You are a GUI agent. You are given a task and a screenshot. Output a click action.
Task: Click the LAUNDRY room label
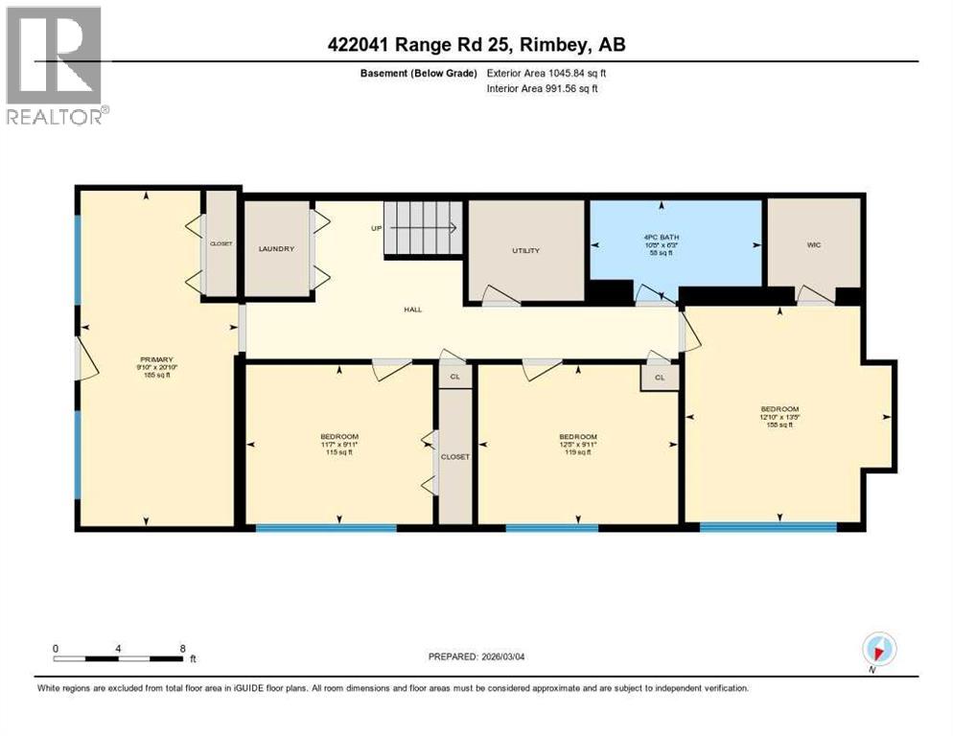pyautogui.click(x=275, y=249)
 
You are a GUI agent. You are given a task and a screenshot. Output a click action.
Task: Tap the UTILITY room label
pyautogui.click(x=525, y=251)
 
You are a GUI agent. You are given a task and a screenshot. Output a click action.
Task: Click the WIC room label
pyautogui.click(x=813, y=245)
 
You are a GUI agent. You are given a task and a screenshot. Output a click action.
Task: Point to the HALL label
pyautogui.click(x=413, y=310)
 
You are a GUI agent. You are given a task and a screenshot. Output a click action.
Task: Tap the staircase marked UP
pyautogui.click(x=423, y=229)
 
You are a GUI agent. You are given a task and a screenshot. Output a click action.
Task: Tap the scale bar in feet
pyautogui.click(x=119, y=658)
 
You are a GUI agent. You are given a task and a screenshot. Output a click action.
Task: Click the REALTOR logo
pyautogui.click(x=56, y=66)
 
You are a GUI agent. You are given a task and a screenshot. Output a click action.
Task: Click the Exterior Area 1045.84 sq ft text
pyautogui.click(x=547, y=73)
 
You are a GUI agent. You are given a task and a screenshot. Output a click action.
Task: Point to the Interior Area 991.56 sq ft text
pyautogui.click(x=547, y=89)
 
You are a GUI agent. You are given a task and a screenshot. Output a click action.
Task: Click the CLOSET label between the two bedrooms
pyautogui.click(x=455, y=457)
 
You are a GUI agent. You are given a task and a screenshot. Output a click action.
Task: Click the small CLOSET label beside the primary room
pyautogui.click(x=221, y=244)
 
